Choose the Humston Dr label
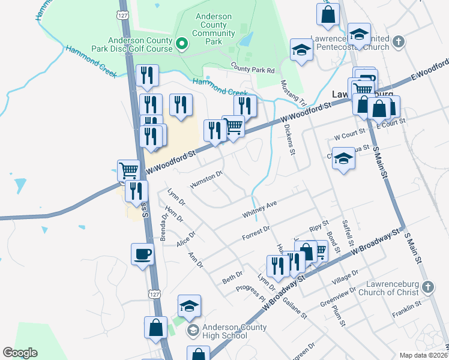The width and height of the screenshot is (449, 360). pos(206,179)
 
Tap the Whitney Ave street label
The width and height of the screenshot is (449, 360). pos(259,209)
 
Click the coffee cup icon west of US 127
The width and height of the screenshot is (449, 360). pos(142,254)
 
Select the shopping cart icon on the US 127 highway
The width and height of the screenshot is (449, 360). pos(129,170)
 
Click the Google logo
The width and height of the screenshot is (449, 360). pos(20,353)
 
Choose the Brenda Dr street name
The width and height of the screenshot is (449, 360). pos(163,227)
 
